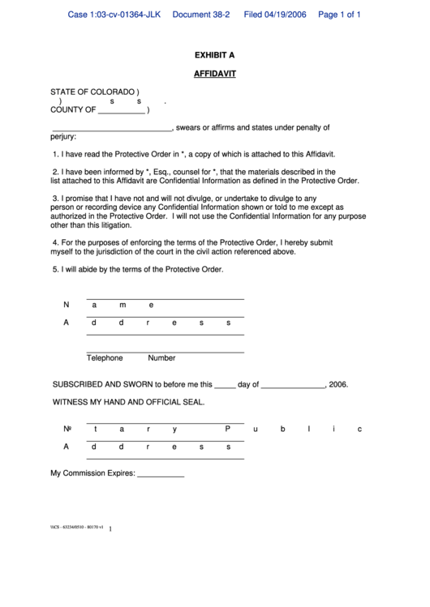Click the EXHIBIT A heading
(214, 55)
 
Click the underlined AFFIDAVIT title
(214, 74)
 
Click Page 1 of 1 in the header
(339, 15)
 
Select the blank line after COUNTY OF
(121, 111)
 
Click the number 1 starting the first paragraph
(55, 154)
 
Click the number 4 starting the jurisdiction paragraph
(55, 242)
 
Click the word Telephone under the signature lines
(105, 357)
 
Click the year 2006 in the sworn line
(339, 385)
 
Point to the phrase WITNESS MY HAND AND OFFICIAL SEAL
(128, 402)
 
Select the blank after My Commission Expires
(161, 474)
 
